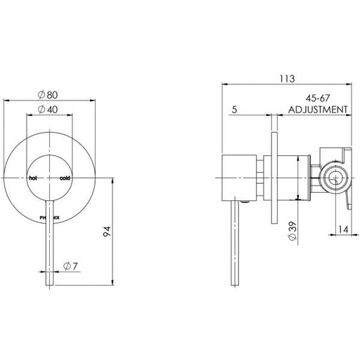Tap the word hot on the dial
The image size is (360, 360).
coord(32,178)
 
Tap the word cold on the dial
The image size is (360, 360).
coord(65,178)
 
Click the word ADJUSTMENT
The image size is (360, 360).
coord(319,110)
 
